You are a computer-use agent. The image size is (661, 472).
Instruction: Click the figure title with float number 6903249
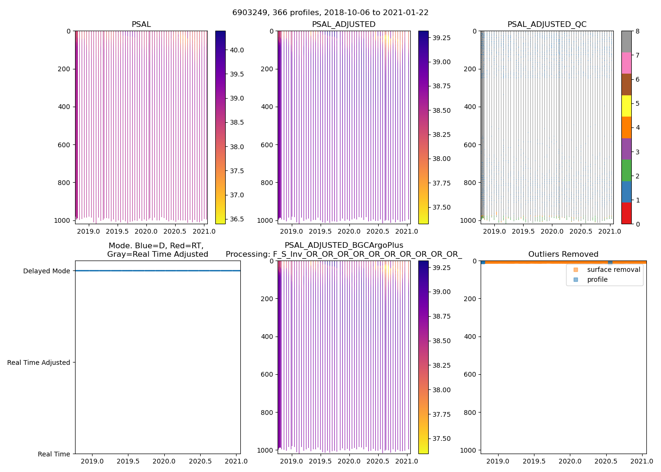tap(330, 13)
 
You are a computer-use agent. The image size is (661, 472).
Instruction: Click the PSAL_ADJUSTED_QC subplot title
tap(547, 25)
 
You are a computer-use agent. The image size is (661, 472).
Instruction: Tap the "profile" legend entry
tap(597, 279)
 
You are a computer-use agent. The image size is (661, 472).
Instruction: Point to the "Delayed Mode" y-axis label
tap(46, 271)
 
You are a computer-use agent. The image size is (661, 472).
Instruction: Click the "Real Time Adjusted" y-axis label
tap(38, 362)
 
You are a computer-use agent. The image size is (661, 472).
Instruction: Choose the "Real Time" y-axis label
tap(53, 454)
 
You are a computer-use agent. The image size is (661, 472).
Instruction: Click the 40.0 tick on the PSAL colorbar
tap(236, 50)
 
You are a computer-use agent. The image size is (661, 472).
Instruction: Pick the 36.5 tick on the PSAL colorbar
tap(236, 219)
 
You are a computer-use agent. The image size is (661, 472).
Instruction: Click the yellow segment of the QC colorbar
tap(626, 106)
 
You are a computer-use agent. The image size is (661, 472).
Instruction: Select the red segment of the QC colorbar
tap(626, 213)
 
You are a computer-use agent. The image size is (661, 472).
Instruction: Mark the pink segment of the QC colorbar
tap(626, 63)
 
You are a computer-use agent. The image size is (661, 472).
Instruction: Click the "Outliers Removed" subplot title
tap(563, 254)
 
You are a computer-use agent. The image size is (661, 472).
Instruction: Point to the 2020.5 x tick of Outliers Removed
tap(606, 461)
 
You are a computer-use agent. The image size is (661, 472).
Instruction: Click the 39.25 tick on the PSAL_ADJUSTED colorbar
tap(441, 38)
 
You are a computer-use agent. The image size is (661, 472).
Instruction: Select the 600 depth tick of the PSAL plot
tap(65, 145)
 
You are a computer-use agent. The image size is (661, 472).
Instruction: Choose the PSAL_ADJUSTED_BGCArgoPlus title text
tap(344, 245)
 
